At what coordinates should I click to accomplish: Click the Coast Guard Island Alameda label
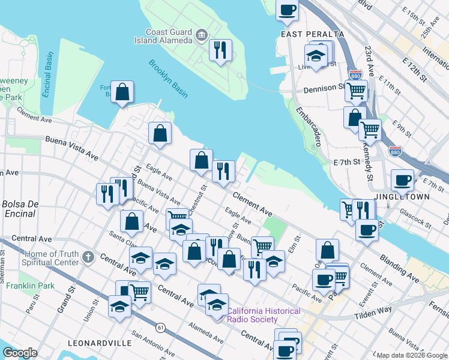[x=163, y=37]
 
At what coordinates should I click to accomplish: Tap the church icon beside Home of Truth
[x=88, y=258]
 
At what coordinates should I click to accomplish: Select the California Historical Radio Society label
[x=264, y=315]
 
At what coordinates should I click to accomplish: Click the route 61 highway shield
[x=161, y=327]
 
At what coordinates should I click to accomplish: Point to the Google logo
[x=20, y=353]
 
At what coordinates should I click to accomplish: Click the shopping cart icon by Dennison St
[x=357, y=91]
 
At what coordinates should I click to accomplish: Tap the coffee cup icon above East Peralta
[x=288, y=10]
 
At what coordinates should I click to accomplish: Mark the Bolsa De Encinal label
[x=21, y=208]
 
